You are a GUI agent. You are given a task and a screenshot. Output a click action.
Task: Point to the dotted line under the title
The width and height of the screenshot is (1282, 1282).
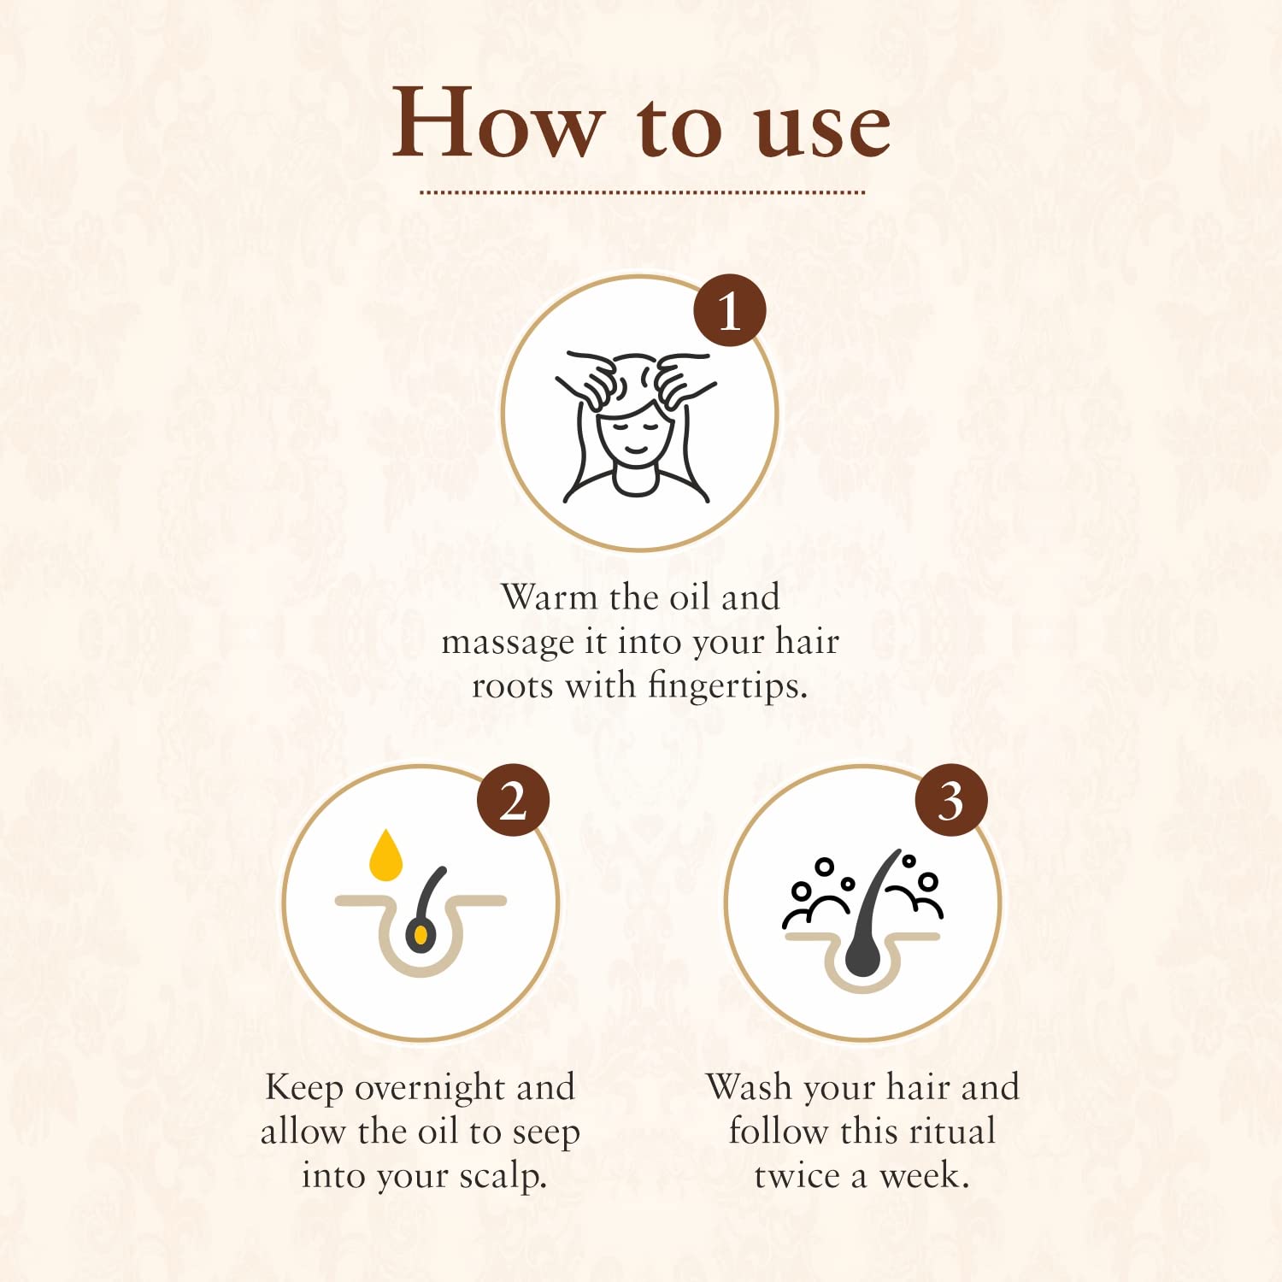pos(642,192)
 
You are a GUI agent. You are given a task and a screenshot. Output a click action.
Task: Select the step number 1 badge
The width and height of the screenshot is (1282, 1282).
pos(729,310)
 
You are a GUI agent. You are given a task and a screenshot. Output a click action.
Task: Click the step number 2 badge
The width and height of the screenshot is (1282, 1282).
pos(513,800)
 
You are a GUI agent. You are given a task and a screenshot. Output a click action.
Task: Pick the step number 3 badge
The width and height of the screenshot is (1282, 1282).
pos(951,800)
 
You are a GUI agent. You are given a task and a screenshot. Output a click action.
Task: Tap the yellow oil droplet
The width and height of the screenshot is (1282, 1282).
pos(385,855)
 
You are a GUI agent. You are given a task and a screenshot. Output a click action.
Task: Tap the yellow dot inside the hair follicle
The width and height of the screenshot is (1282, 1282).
pos(420,936)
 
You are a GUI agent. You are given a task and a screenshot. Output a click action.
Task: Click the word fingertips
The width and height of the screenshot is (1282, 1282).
pos(727,686)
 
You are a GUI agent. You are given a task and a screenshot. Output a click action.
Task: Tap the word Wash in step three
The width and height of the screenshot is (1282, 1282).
pos(750,1087)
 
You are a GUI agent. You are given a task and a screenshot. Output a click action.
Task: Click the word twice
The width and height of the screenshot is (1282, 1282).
pos(797,1176)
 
